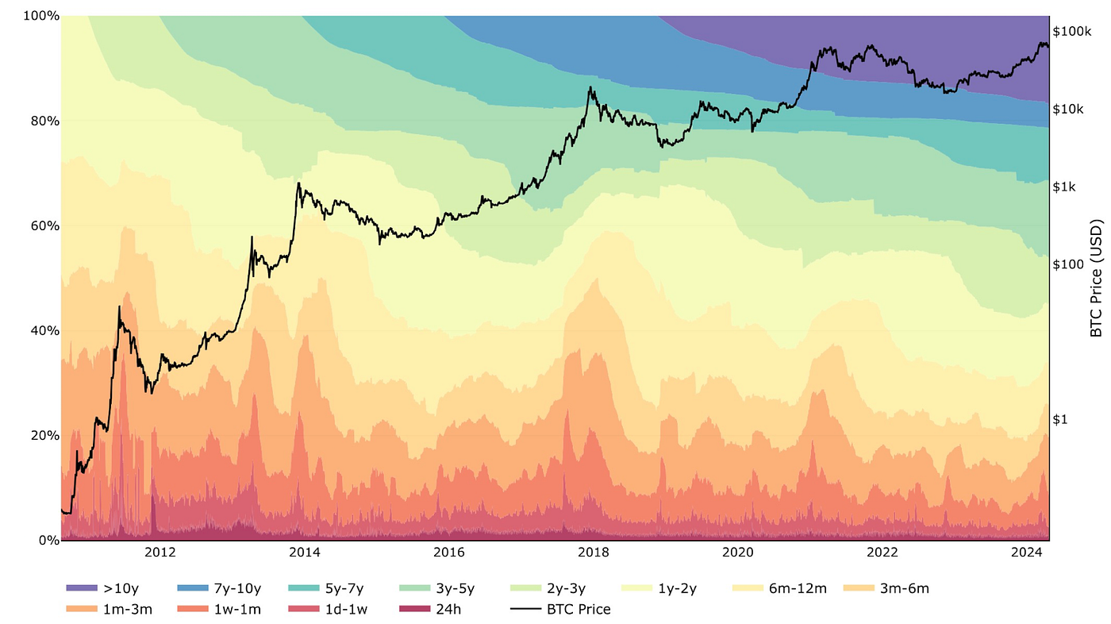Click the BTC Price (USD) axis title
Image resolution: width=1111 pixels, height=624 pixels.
[x=1096, y=278]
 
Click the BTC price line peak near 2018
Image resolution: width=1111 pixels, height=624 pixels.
[x=590, y=88]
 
